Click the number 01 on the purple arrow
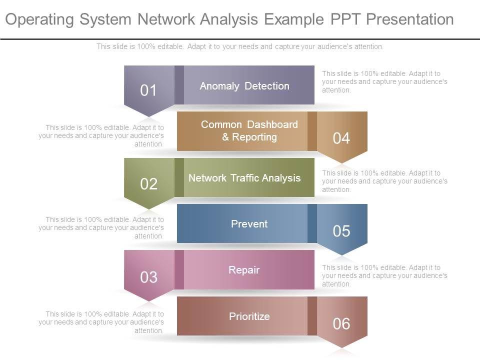pos(148,90)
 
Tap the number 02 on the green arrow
pos(148,184)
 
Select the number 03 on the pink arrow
pos(148,277)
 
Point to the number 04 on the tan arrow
pos(341,138)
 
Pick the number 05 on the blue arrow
pos(341,231)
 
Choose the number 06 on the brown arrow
pos(341,324)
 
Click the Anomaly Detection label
pos(244,86)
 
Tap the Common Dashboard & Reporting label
pos(249,130)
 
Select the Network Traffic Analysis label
pos(244,178)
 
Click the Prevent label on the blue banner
pos(249,224)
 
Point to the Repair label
pos(244,270)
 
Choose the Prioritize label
pos(249,316)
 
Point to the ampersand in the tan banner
pos(225,137)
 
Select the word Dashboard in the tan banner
pos(272,124)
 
